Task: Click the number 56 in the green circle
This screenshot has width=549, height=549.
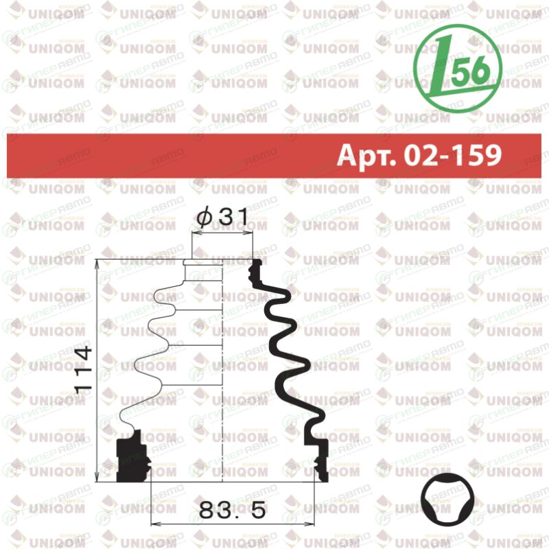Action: pyautogui.click(x=470, y=70)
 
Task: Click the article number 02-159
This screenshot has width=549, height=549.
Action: pyautogui.click(x=453, y=155)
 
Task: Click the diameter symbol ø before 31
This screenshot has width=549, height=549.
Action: pyautogui.click(x=204, y=217)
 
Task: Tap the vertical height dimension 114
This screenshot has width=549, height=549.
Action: pyautogui.click(x=83, y=369)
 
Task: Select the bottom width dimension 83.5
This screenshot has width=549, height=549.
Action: pyautogui.click(x=232, y=510)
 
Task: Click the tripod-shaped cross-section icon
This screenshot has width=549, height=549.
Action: pyautogui.click(x=447, y=500)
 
